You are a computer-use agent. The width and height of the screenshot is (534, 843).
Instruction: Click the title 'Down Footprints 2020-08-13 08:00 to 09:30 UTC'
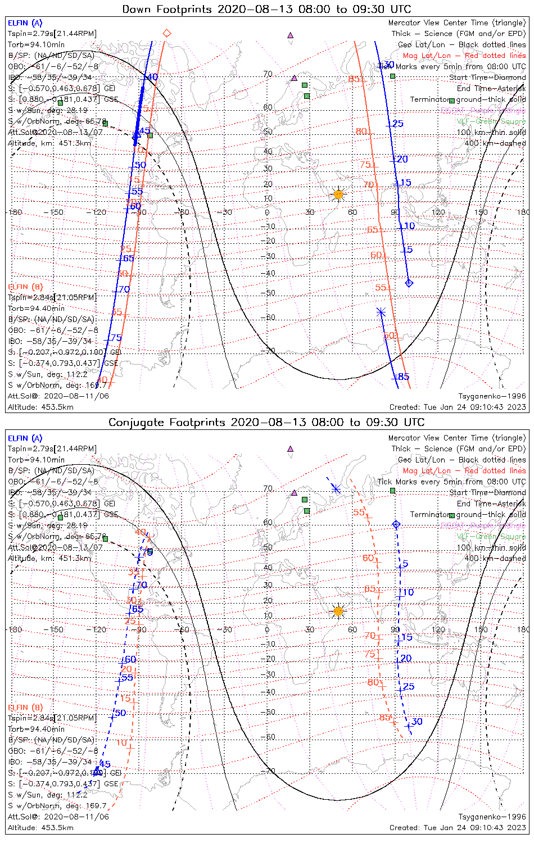click(266, 9)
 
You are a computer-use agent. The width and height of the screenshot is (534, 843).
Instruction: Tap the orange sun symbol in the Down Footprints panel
click(338, 194)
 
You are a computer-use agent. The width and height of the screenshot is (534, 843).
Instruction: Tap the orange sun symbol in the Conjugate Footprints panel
click(338, 611)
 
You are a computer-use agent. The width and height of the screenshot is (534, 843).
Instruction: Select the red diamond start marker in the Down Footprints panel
click(166, 33)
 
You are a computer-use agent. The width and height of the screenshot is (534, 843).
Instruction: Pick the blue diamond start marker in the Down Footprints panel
click(409, 283)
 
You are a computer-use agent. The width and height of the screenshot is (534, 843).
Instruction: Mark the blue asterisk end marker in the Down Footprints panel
click(381, 311)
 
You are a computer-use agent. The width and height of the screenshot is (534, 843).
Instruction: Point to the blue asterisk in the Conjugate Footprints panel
click(336, 489)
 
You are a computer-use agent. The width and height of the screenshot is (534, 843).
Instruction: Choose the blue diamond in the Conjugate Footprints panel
click(396, 524)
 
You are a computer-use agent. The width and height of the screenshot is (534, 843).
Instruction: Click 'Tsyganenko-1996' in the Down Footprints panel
click(492, 396)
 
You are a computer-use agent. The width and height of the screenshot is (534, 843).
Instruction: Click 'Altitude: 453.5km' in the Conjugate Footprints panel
click(40, 827)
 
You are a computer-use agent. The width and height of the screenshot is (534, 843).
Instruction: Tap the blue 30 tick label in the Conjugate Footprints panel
click(417, 722)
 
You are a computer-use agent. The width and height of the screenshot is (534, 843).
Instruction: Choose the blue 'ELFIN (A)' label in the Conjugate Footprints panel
click(25, 438)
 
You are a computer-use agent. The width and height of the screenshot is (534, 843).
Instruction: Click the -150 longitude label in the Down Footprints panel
click(56, 212)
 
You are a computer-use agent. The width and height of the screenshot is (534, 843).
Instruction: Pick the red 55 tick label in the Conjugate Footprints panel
click(359, 513)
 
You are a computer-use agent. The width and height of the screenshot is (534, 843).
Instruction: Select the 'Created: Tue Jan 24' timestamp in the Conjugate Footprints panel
click(458, 827)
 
